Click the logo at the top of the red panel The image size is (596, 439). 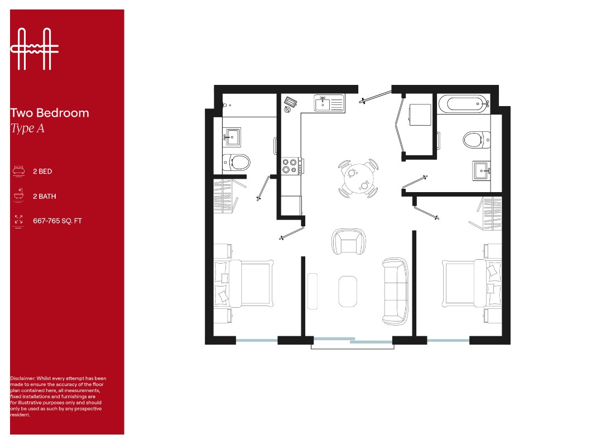[35, 49]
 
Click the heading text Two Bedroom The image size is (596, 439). [50, 113]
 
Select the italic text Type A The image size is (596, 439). [27, 128]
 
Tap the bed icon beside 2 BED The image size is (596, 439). [19, 171]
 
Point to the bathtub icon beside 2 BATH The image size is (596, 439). [19, 195]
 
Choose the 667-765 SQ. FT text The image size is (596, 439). [57, 221]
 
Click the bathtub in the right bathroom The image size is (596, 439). [463, 103]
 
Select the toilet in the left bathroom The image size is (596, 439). [236, 163]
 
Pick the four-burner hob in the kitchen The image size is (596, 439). [291, 165]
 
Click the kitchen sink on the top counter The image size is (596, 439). [329, 103]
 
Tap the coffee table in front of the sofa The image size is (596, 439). [348, 291]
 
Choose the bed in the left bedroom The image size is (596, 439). [248, 284]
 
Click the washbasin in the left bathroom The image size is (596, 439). [232, 136]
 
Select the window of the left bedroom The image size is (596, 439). [256, 340]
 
